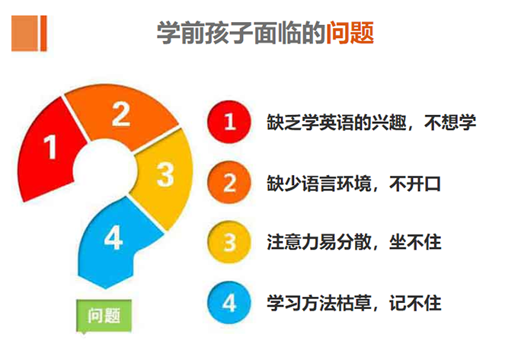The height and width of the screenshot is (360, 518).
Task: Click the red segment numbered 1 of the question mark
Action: pyautogui.click(x=50, y=148)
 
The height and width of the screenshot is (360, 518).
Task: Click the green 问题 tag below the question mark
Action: pyautogui.click(x=104, y=315)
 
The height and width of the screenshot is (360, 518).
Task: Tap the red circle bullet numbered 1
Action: pyautogui.click(x=229, y=122)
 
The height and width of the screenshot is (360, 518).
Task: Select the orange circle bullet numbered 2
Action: pyautogui.click(x=229, y=182)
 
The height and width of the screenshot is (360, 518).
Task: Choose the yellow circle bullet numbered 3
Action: pyautogui.click(x=229, y=243)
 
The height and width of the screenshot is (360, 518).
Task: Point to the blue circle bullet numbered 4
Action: pyautogui.click(x=229, y=303)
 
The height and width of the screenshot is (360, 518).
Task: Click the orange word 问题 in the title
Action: pyautogui.click(x=350, y=33)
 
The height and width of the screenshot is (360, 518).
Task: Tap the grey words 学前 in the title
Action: pyautogui.click(x=181, y=33)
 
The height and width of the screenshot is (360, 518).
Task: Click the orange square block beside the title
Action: pyautogui.click(x=29, y=33)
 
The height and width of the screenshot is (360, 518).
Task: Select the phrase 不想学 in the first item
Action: pyautogui.click(x=450, y=123)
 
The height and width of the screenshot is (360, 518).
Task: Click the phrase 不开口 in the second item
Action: pyautogui.click(x=415, y=183)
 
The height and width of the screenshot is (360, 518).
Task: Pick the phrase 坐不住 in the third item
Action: pyautogui.click(x=415, y=243)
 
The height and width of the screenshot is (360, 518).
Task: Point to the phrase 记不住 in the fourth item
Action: pyautogui.click(x=415, y=303)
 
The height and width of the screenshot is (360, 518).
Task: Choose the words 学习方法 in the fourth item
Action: pyautogui.click(x=302, y=303)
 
